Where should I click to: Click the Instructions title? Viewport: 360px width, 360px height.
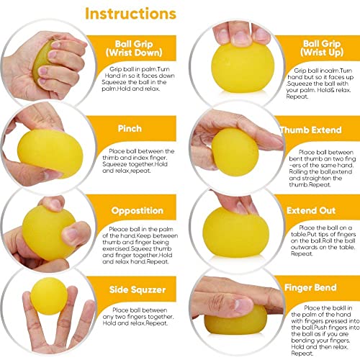tap(131, 14)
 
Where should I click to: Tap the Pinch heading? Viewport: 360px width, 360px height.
tap(130, 128)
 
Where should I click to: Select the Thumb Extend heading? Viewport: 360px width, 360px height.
tap(311, 130)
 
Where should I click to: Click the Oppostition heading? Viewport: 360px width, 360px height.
tap(138, 211)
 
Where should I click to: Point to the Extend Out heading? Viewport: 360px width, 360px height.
tap(311, 210)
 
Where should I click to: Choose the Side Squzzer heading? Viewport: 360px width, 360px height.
tap(138, 289)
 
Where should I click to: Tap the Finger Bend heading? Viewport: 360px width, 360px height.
tap(310, 287)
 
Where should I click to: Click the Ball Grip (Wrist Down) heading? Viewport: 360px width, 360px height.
tap(134, 48)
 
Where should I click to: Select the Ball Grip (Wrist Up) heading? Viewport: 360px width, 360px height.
tap(322, 48)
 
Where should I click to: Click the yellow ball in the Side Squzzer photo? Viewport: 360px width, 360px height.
tap(49, 296)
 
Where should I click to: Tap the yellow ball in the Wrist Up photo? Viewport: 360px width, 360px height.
tap(243, 67)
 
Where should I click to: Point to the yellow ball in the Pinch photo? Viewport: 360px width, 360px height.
tap(50, 153)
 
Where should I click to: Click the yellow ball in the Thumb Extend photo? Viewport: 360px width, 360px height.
tap(235, 152)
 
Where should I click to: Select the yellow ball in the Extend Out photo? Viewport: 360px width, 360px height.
tap(235, 233)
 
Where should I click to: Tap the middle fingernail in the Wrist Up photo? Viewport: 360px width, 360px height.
tap(242, 38)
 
